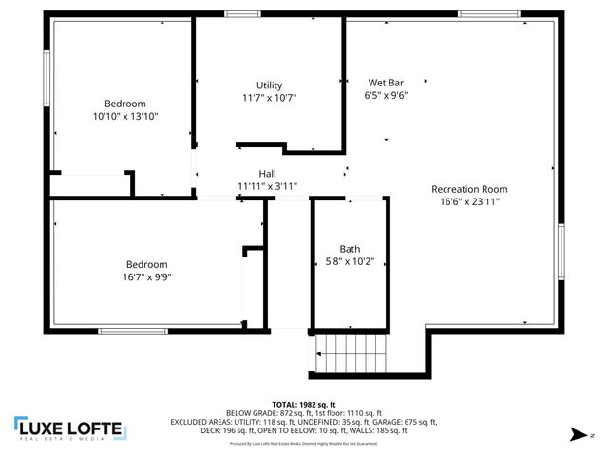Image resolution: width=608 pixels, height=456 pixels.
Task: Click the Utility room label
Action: [x=269, y=85]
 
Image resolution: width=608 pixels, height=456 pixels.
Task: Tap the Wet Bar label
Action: [x=386, y=83]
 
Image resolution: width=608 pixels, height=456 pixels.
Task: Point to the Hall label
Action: [x=268, y=174]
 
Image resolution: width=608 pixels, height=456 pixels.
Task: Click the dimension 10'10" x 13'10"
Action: [x=125, y=116]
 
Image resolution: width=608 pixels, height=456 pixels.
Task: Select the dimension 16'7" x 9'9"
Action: [x=147, y=277]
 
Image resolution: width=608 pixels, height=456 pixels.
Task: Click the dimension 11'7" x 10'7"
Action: [x=269, y=98]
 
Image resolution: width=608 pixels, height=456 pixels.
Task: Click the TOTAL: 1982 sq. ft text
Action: [x=303, y=404]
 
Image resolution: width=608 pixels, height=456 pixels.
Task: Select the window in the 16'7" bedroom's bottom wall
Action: [x=125, y=331]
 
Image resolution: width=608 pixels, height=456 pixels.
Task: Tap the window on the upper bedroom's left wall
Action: [x=47, y=78]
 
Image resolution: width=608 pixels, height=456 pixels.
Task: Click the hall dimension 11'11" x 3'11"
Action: [x=268, y=186]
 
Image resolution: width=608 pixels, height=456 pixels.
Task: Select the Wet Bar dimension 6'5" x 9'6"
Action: [x=386, y=95]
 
